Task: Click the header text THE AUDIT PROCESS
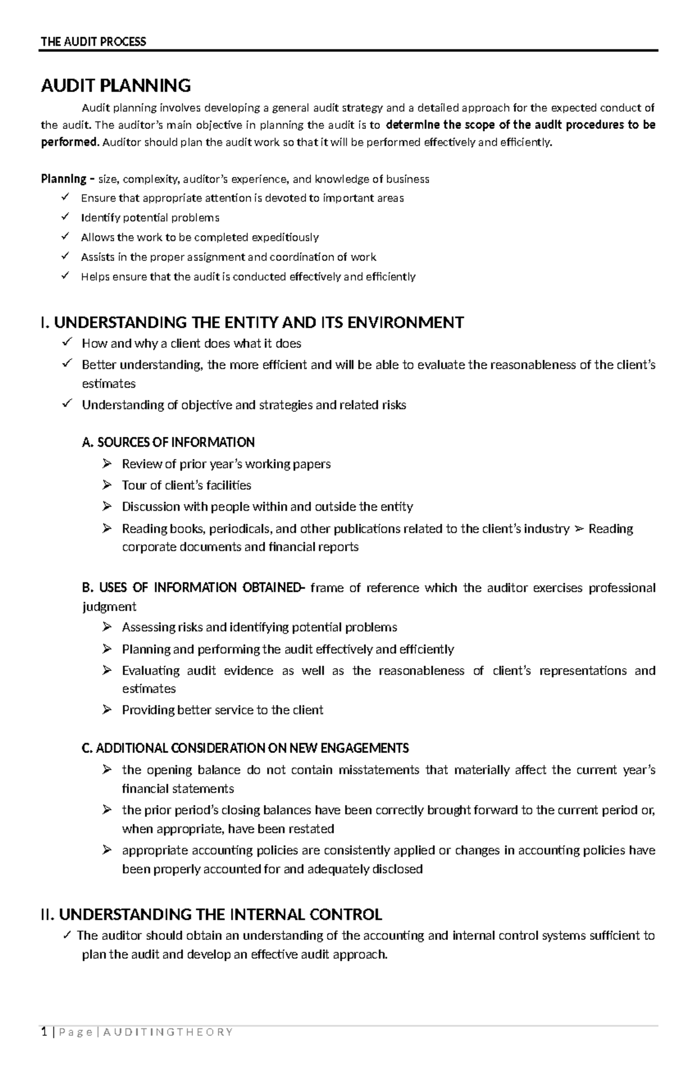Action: coord(93,41)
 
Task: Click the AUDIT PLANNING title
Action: coord(116,86)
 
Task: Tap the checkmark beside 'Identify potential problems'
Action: coord(64,217)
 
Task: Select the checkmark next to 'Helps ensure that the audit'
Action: coord(64,276)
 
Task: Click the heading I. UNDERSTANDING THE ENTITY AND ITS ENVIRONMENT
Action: coord(252,322)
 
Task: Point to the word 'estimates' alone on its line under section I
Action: coord(109,384)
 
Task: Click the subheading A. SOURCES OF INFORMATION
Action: coord(168,443)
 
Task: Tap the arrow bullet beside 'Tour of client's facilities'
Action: coord(106,484)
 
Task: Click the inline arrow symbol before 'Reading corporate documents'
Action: coord(579,529)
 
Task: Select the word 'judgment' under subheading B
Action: coord(109,606)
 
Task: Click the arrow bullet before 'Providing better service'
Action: coord(106,709)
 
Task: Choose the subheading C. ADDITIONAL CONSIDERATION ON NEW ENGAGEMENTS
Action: coord(245,748)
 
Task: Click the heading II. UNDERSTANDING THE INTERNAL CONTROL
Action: coord(211,914)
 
